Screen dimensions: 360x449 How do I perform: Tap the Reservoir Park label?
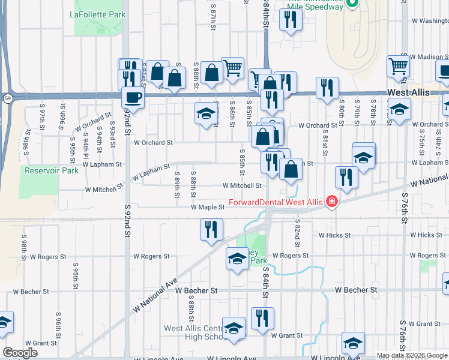52,170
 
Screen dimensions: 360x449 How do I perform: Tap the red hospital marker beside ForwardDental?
330,202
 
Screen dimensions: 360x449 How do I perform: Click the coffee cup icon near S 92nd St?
133,97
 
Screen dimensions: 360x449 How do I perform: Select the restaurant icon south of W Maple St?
211,229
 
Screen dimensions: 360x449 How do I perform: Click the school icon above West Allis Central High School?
234,328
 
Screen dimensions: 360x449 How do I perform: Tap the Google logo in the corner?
20,353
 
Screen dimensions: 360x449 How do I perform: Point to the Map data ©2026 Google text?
412,355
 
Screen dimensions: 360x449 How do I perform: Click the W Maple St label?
207,207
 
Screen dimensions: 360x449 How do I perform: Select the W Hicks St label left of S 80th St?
334,235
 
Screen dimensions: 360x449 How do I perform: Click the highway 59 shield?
7,97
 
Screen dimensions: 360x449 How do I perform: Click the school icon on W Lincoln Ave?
353,343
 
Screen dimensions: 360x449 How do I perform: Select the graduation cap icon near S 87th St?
206,113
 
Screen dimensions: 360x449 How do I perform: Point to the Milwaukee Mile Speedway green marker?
354,4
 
